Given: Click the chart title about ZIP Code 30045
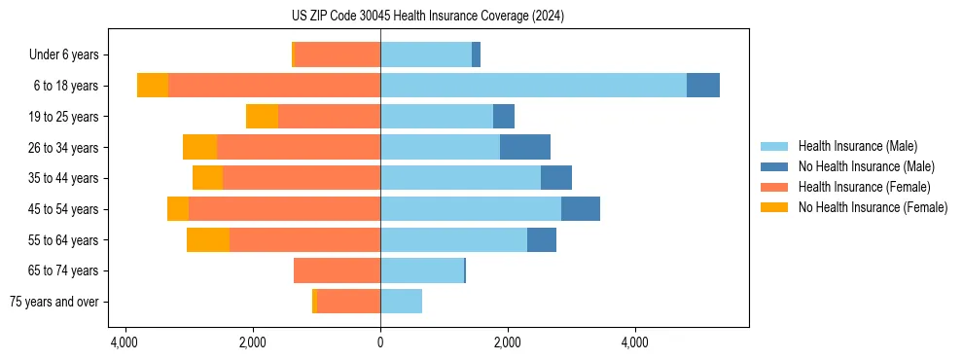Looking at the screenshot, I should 427,17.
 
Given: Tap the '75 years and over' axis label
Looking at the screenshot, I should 53,302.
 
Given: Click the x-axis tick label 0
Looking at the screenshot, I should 380,342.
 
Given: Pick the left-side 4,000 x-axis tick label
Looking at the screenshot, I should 125,342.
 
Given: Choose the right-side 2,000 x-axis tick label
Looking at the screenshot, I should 507,342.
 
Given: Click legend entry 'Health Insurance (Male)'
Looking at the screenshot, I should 857,146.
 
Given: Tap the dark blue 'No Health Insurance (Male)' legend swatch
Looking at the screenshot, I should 774,166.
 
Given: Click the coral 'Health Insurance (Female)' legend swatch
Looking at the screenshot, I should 774,187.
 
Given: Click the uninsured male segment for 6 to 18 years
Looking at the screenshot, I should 703,86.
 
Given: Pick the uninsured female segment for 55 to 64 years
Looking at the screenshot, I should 208,239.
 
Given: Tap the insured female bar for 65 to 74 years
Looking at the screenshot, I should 337,270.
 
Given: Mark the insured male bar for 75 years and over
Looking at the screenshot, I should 401,302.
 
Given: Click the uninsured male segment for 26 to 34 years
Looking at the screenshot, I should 525,147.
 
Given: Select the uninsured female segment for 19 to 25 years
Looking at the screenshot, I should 262,117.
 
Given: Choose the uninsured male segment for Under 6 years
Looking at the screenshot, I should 476,55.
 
